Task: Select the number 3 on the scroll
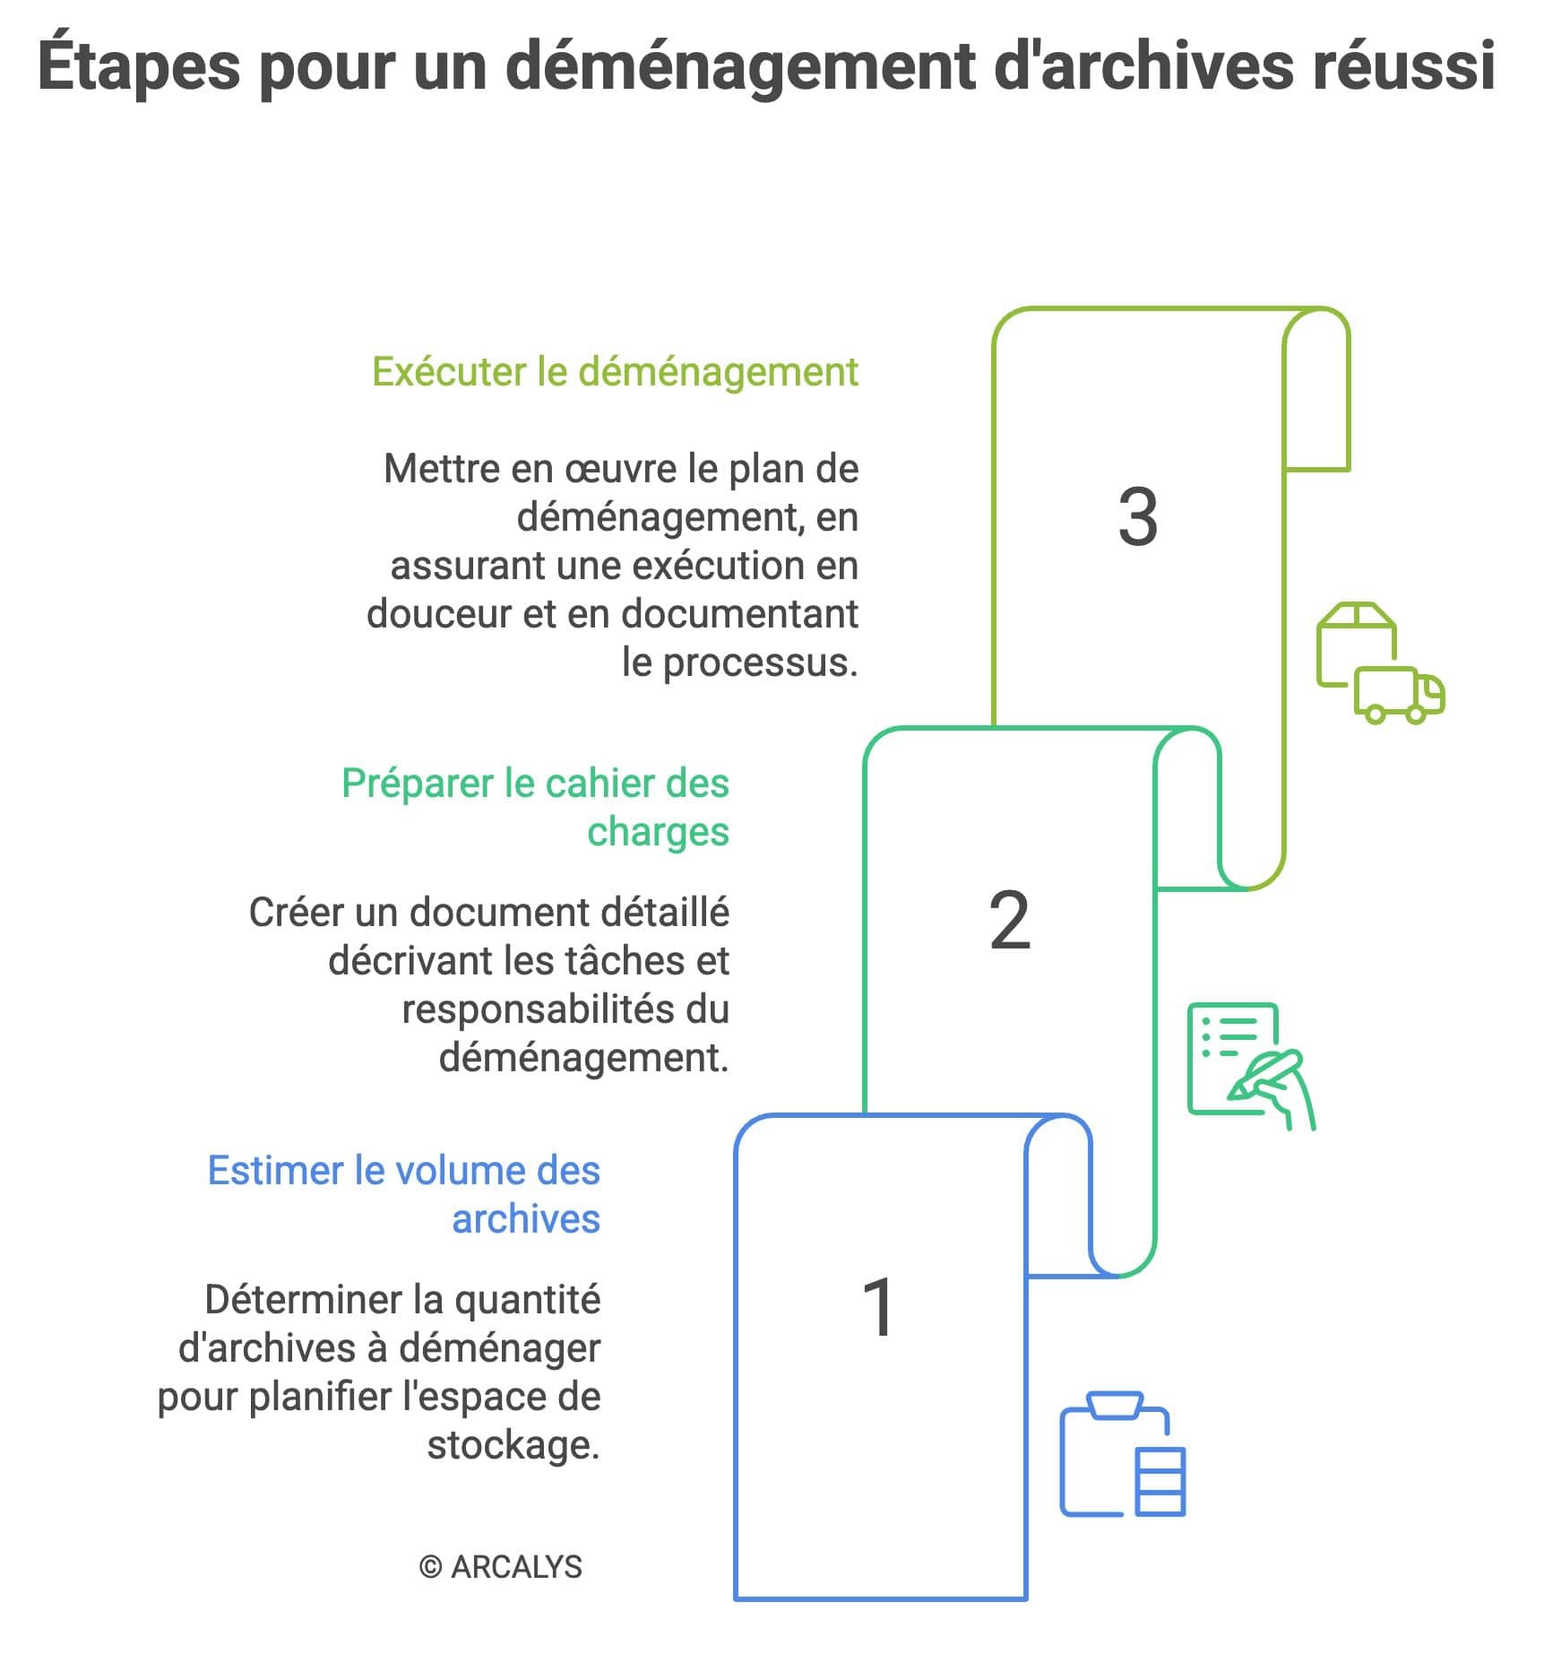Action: (x=1137, y=517)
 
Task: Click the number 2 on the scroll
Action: (x=1009, y=921)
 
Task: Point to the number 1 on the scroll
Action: (x=878, y=1308)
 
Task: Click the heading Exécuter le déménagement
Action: (x=615, y=372)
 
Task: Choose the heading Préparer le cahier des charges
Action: (x=536, y=807)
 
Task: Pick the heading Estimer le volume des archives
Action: (x=404, y=1194)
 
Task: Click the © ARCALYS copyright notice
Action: (x=500, y=1567)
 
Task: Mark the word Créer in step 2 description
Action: (x=297, y=913)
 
